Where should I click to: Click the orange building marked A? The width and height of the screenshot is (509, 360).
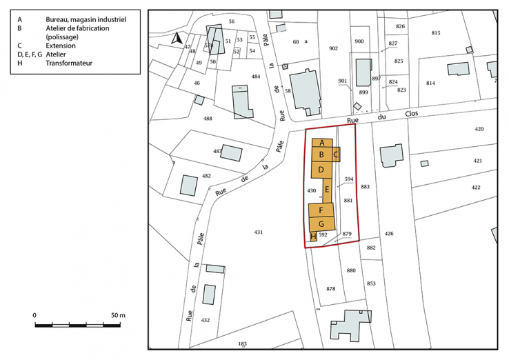click(322, 142)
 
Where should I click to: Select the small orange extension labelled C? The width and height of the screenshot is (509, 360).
click(336, 155)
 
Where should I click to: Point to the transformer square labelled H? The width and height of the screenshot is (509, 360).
click(314, 237)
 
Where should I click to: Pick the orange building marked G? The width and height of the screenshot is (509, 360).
click(321, 223)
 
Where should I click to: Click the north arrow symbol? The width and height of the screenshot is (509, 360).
click(178, 39)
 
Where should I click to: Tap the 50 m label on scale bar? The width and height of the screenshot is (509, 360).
click(117, 314)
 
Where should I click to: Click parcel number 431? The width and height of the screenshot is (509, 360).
click(259, 232)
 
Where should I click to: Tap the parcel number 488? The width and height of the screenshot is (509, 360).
click(208, 119)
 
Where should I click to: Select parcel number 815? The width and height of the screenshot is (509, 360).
click(435, 33)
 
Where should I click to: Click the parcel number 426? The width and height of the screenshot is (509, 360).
click(389, 234)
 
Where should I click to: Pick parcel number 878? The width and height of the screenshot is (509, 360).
click(330, 288)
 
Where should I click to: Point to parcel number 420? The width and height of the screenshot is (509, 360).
click(479, 129)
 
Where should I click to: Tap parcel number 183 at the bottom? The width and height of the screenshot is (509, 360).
click(242, 343)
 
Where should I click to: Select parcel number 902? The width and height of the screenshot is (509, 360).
click(334, 48)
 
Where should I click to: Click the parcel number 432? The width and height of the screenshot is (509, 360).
click(205, 320)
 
